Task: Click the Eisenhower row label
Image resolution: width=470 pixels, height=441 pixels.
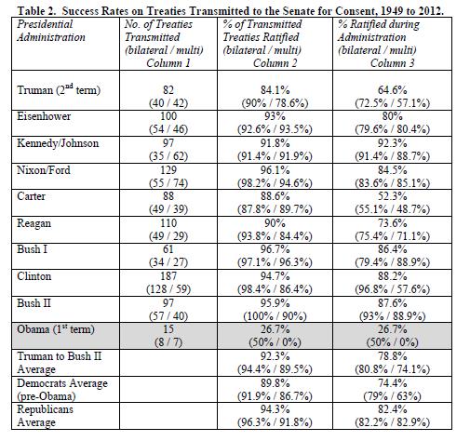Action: tap(44, 116)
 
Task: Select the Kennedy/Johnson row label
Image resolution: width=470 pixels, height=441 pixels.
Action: tap(58, 143)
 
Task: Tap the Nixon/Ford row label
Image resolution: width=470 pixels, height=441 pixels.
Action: tap(44, 170)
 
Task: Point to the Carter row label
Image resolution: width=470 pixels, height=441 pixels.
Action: tap(31, 196)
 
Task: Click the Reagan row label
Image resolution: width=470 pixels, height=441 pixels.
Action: tap(34, 223)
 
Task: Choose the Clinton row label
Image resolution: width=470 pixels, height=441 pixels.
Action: tap(34, 276)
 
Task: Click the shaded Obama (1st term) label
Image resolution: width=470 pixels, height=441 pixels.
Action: tap(56, 329)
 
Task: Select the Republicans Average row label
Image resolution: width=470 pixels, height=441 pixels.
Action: tap(45, 416)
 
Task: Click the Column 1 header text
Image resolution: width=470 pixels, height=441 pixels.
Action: tap(168, 63)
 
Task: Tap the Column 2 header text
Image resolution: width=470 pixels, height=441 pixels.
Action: tap(275, 63)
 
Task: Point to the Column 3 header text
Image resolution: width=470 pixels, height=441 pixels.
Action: tap(393, 63)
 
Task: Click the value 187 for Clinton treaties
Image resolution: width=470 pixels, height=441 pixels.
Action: tap(168, 276)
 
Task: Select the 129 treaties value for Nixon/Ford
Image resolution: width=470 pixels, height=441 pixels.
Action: tap(168, 170)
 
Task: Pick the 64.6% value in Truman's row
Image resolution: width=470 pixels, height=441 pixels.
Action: tap(393, 90)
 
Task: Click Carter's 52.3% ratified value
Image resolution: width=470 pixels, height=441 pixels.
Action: tap(393, 196)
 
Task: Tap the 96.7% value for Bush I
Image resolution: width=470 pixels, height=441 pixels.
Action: tap(275, 249)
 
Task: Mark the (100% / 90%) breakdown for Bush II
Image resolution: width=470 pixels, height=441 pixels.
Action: tap(275, 316)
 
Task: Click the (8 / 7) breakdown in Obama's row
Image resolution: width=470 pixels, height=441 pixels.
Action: tap(168, 342)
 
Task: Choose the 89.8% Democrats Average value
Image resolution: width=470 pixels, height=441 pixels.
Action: tap(275, 383)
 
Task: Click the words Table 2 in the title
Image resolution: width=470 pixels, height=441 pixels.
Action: tap(37, 11)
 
